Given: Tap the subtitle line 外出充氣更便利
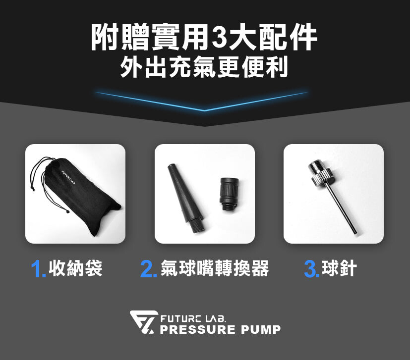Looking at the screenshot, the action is [x=204, y=67].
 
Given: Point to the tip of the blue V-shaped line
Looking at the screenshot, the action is [x=204, y=110].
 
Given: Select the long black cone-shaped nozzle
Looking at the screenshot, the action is [x=185, y=198].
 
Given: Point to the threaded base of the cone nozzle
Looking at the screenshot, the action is [x=198, y=225].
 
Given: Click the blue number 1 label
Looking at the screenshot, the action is [x=38, y=269].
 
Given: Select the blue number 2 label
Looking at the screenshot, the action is [x=148, y=269].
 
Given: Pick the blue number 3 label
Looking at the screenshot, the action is [x=312, y=269].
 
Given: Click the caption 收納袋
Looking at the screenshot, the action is [x=75, y=268].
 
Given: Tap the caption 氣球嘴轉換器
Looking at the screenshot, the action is [x=214, y=268].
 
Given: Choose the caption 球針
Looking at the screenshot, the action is [x=339, y=268].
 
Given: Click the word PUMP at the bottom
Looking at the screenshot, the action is [x=261, y=329].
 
